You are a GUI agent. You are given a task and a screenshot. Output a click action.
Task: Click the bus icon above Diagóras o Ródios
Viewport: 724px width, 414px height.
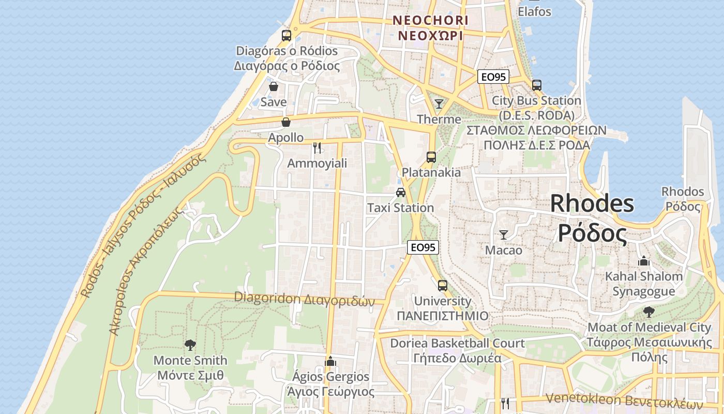tap(286, 36)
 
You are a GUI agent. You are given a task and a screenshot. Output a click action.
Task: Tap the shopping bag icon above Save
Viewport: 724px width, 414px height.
tap(274, 86)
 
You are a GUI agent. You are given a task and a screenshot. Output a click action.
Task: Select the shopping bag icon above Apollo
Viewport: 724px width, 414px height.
tap(285, 122)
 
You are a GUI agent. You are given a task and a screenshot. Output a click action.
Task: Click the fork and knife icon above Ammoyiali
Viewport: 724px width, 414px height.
tap(317, 148)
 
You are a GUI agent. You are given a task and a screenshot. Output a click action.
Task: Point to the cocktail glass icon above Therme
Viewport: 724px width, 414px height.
tap(439, 103)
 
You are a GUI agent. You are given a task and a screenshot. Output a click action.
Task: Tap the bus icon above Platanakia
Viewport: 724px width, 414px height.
tap(431, 157)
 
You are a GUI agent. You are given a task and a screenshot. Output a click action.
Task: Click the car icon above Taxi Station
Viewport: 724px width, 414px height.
tap(400, 193)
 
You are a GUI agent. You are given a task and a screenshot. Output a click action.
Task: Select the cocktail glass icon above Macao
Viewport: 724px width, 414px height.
tap(504, 234)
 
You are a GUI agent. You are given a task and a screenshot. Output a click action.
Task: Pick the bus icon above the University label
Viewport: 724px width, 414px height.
tap(442, 285)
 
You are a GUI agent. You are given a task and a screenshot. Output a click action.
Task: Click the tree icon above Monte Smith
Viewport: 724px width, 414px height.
tap(190, 345)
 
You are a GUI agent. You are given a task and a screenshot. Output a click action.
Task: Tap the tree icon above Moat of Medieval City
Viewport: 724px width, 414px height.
tap(649, 312)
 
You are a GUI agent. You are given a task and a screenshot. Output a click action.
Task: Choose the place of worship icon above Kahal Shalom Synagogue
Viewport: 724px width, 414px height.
tap(644, 261)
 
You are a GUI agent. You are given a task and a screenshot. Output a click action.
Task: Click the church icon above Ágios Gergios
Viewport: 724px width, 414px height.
tap(330, 361)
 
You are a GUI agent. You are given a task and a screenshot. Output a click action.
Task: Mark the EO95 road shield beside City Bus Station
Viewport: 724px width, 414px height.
tap(493, 77)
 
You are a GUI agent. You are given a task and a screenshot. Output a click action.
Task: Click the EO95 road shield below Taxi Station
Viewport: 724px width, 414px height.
tap(423, 247)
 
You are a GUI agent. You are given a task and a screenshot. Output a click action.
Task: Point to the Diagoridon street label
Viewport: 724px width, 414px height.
tap(304, 299)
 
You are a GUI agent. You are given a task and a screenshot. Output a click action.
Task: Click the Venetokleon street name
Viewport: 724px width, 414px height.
tap(625, 401)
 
